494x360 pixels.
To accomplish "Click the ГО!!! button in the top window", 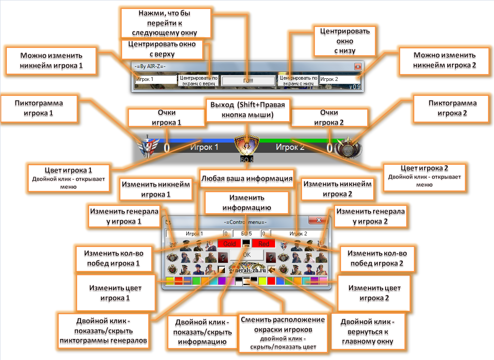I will point(248,80).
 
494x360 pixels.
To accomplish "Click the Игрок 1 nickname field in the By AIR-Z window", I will point(156,79).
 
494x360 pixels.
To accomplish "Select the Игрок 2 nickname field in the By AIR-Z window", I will point(338,79).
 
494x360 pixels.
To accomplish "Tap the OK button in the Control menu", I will point(247,255).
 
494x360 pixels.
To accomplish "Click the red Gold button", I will point(230,244).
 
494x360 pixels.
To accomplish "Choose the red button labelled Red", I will point(263,244).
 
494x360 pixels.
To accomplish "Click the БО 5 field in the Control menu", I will point(246,234).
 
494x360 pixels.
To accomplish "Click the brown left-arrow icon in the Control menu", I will point(272,270).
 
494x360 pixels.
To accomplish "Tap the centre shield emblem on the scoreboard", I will point(247,146).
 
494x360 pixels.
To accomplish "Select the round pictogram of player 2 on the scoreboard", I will point(348,148).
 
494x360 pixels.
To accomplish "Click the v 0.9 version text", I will point(355,86).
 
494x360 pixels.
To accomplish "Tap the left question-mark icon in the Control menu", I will point(222,258).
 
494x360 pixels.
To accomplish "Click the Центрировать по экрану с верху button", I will point(198,81).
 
